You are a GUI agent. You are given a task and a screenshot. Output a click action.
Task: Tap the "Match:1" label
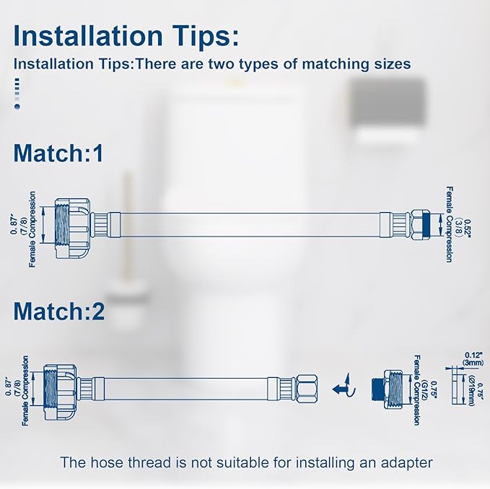pyautogui.click(x=58, y=153)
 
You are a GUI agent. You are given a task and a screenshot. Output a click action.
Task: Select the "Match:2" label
pyautogui.click(x=58, y=312)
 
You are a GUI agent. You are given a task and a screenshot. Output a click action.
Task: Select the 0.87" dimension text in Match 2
pyautogui.click(x=7, y=390)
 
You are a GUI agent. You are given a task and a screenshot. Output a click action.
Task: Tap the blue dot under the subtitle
pyautogui.click(x=17, y=106)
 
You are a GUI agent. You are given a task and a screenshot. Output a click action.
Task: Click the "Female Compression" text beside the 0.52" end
pyautogui.click(x=449, y=225)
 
